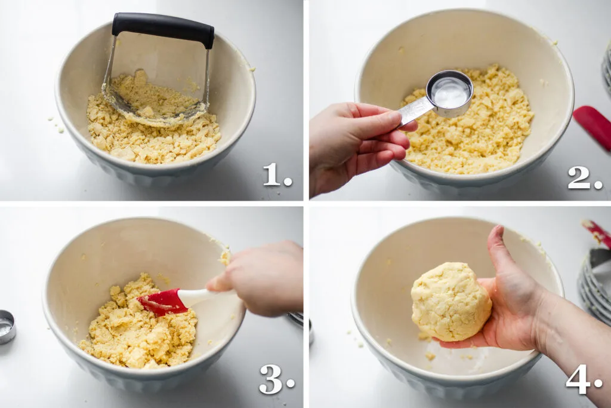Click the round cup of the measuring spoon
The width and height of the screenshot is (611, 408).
tap(450, 93)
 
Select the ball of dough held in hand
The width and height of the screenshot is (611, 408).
tap(450, 302)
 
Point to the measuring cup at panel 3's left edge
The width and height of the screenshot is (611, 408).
tap(7, 326)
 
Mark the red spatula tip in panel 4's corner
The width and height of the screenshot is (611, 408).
tap(598, 233)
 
